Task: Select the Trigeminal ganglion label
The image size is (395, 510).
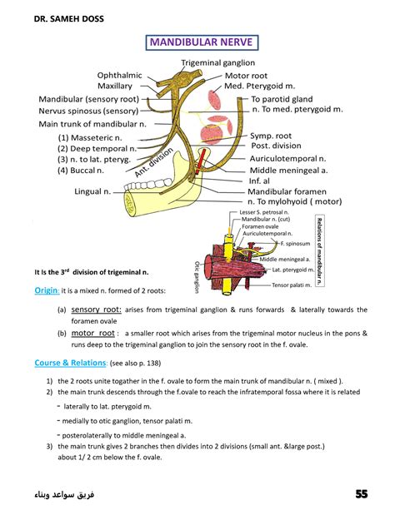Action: tap(218, 62)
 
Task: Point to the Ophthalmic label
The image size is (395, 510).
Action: tap(120, 75)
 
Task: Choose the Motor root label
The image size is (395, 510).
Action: tap(247, 76)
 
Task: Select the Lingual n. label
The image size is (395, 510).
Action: tap(94, 191)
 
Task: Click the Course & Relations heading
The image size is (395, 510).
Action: tap(70, 363)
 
